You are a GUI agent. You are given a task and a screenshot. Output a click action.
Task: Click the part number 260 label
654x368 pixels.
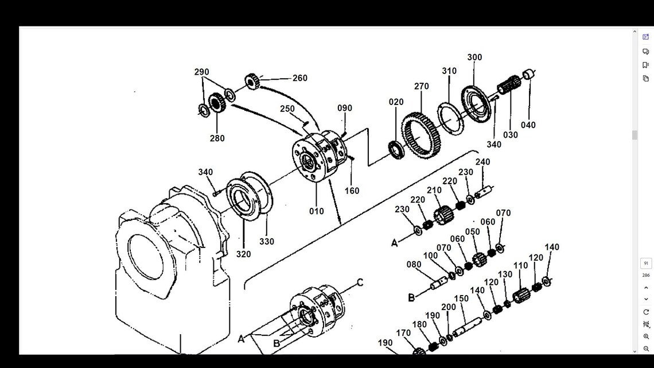coord(300,79)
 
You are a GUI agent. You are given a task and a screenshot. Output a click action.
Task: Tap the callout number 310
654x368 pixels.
coord(449,71)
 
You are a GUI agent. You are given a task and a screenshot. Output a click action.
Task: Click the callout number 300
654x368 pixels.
coord(474,57)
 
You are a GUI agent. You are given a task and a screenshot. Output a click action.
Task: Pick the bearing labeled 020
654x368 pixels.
coord(396,149)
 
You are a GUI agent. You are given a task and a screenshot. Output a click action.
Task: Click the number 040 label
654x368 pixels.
coord(528,125)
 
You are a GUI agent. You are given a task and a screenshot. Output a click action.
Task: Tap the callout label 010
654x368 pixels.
coord(317,211)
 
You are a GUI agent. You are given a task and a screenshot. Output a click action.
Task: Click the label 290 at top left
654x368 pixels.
coord(201,72)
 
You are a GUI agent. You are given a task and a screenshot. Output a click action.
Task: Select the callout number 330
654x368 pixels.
coord(266,242)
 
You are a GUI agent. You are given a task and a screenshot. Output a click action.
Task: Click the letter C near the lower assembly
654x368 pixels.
coord(360,282)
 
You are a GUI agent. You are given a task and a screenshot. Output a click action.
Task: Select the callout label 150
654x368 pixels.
coord(461,299)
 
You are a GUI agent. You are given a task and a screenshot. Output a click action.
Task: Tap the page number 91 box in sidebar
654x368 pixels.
coord(646,264)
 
